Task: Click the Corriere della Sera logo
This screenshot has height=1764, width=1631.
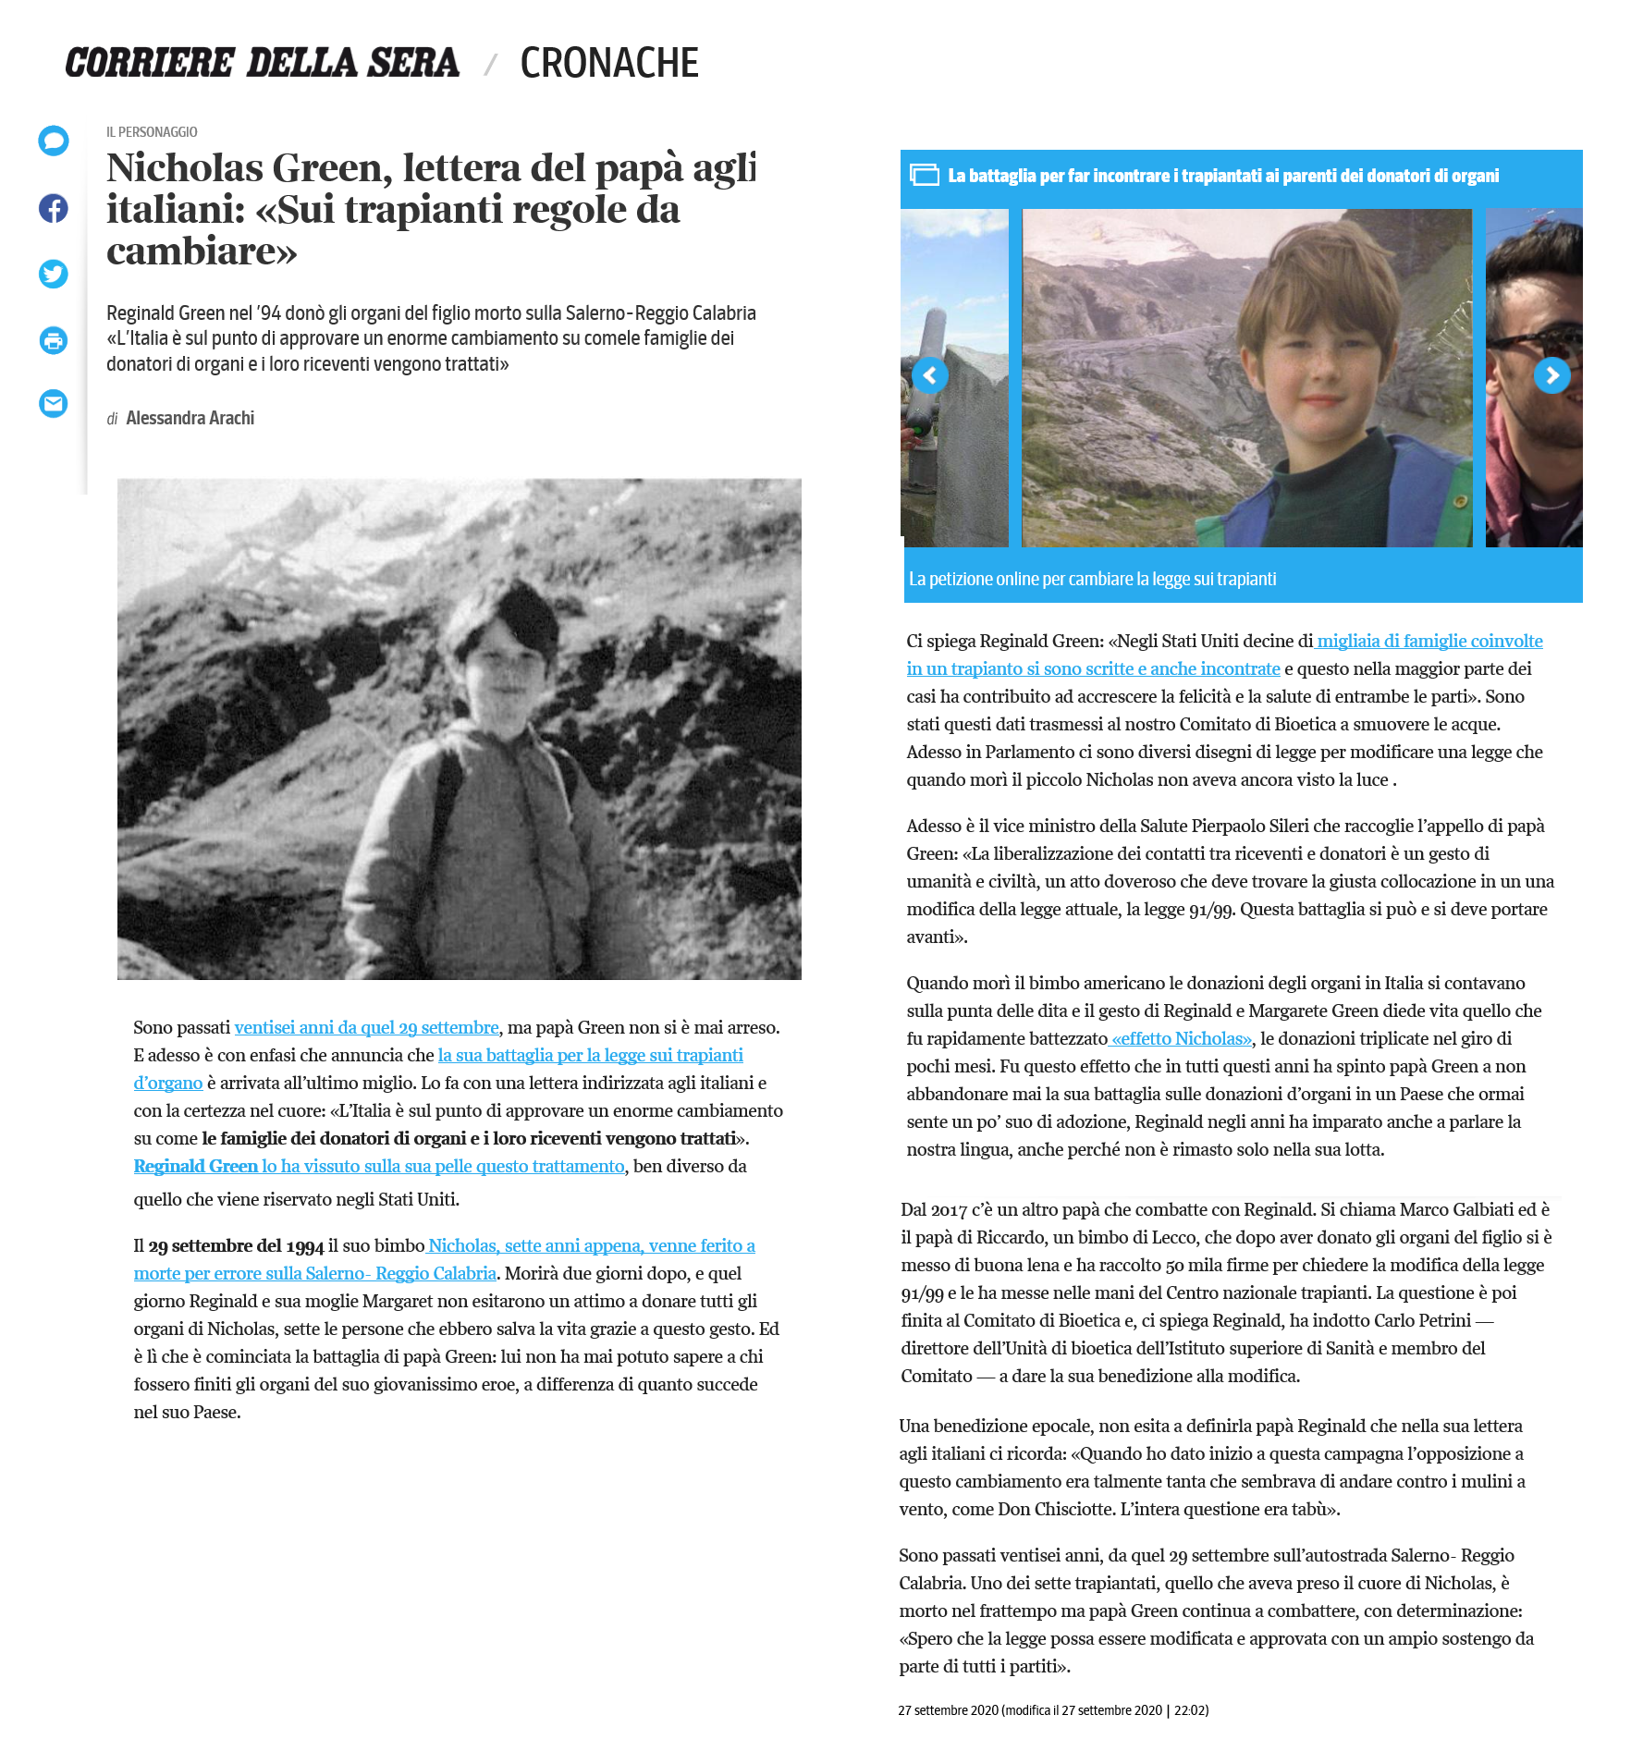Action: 262,63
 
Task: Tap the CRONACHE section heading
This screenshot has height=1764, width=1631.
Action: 608,63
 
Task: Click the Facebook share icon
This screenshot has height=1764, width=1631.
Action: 54,208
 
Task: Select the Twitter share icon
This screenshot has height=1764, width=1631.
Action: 54,274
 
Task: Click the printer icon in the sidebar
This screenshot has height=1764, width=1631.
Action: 54,340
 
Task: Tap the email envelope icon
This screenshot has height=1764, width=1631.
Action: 54,404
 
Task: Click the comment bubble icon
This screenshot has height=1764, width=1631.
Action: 54,141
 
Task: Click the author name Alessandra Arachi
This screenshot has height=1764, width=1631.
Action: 190,418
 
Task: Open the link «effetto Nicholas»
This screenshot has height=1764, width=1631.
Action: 1182,1038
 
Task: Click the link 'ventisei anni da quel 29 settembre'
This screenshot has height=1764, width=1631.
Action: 366,1027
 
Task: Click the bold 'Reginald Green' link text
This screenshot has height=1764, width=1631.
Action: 196,1166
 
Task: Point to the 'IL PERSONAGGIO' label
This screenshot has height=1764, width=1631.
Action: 152,132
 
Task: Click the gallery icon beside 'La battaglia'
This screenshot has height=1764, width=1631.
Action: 924,175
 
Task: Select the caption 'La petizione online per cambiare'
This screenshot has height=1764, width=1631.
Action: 1092,579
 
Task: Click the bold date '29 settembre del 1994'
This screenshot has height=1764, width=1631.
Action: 236,1245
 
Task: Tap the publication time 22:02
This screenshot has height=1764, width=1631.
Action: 1191,1710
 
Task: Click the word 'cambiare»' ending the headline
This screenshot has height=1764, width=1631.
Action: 202,251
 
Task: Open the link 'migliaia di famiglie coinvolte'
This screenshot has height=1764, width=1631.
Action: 1429,641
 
